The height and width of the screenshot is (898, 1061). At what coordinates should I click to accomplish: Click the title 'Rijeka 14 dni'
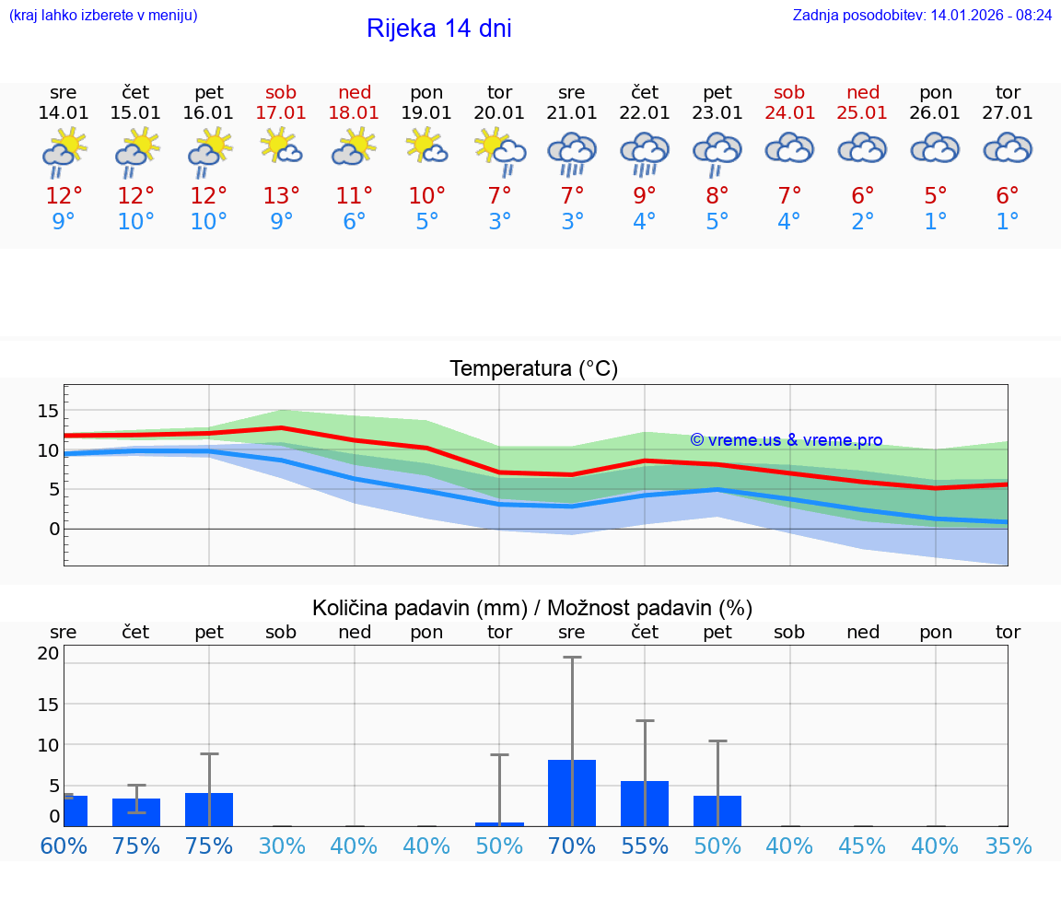[438, 29]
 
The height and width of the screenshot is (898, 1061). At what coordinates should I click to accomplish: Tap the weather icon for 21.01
[572, 153]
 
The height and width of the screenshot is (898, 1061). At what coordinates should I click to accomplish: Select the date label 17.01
[281, 113]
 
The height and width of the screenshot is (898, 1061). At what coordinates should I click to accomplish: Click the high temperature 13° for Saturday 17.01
[281, 195]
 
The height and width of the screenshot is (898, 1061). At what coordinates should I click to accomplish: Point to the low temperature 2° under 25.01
[862, 222]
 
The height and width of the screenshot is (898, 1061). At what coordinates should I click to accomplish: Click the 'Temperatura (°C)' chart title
[533, 369]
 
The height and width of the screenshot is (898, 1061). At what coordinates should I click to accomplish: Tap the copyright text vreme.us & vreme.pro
[786, 440]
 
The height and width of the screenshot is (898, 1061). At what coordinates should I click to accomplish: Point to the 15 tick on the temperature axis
[49, 411]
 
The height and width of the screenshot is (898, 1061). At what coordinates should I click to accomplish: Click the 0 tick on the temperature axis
[54, 529]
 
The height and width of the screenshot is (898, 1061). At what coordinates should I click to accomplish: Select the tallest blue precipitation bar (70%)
[572, 793]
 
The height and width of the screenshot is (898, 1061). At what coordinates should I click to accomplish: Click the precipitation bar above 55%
[645, 803]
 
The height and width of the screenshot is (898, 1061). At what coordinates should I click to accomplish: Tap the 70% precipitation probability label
[572, 846]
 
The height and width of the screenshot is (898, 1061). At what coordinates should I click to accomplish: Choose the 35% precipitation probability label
[1008, 846]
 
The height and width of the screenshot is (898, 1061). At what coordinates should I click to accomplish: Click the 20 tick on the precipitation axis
[49, 654]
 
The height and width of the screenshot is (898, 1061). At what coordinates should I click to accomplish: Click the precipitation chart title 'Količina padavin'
[532, 608]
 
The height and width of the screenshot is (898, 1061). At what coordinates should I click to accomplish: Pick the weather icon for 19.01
[426, 147]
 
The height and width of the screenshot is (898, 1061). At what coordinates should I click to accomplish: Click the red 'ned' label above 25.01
[862, 92]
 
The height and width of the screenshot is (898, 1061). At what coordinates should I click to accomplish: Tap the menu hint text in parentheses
[103, 15]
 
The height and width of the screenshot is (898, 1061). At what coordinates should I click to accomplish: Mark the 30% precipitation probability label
[281, 846]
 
